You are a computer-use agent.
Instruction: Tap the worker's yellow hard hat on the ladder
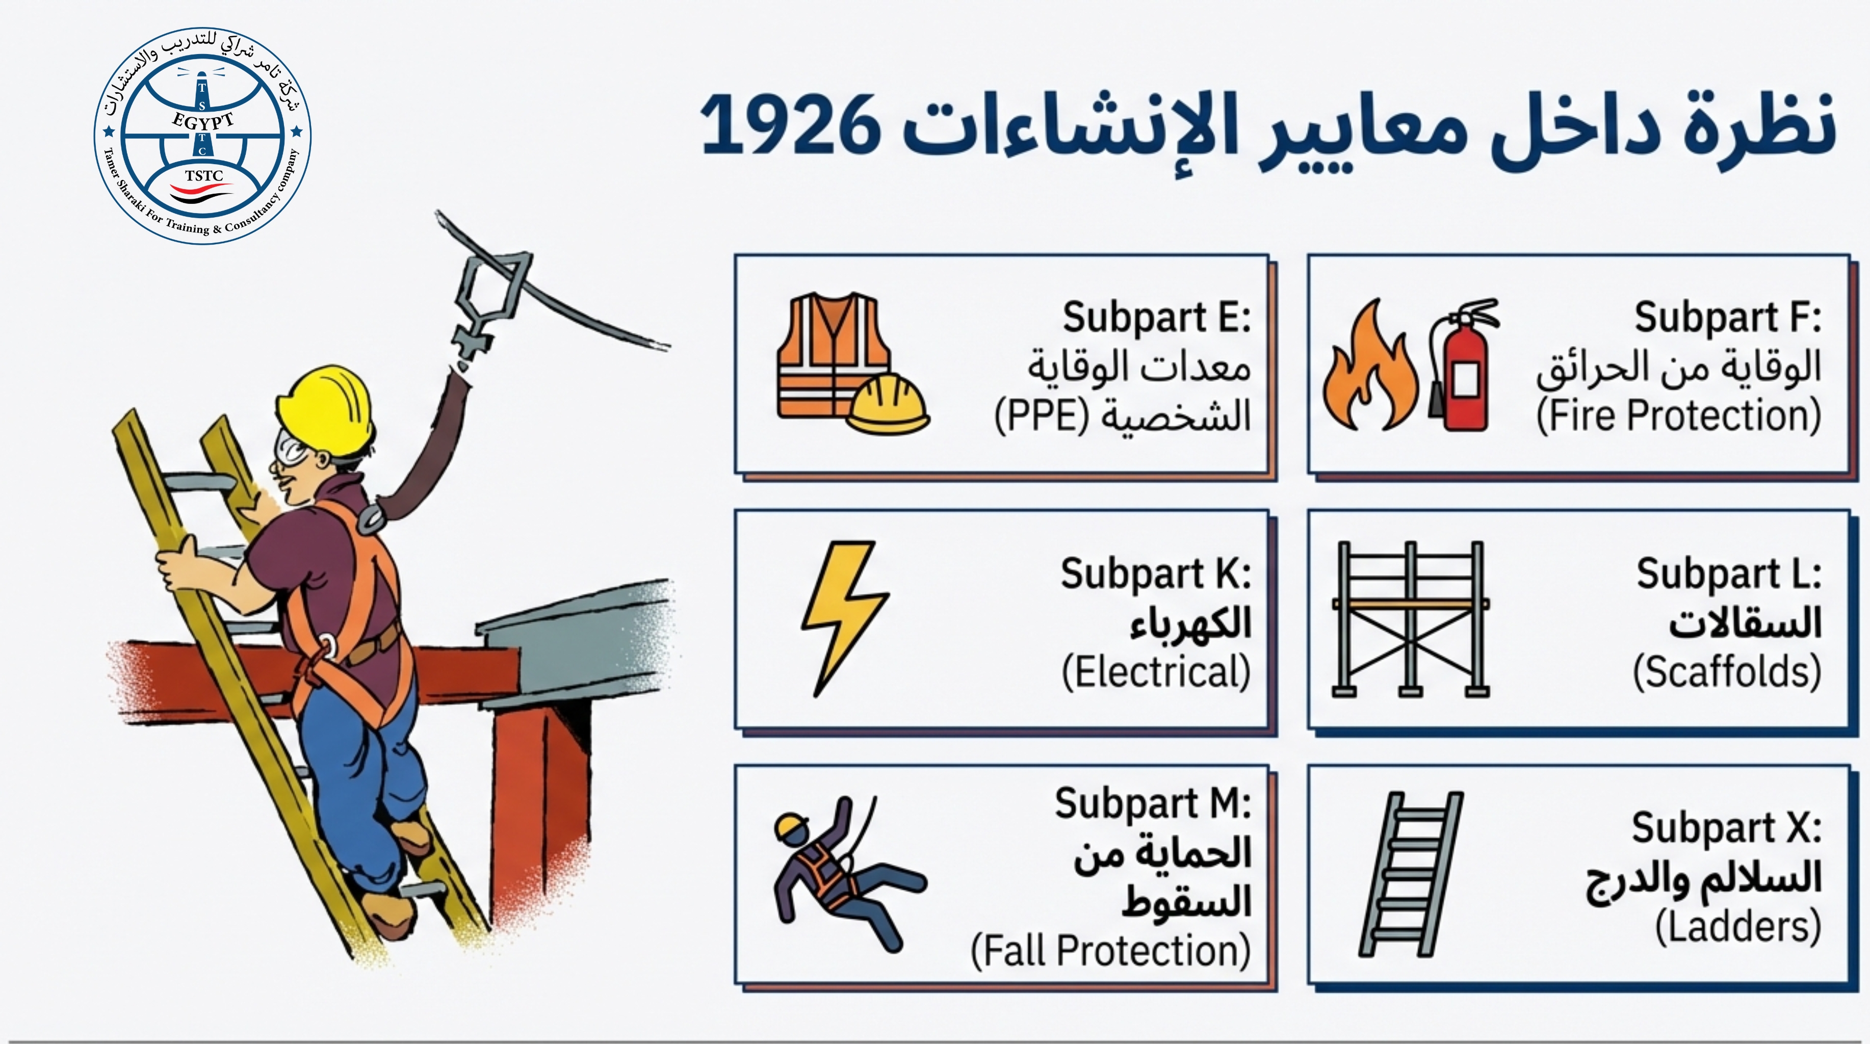tap(325, 410)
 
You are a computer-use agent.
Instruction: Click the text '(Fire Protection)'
tap(1678, 416)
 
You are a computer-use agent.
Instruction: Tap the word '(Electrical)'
tap(1156, 671)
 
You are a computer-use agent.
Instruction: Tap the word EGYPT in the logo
tap(203, 120)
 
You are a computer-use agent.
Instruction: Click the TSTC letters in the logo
tap(204, 176)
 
